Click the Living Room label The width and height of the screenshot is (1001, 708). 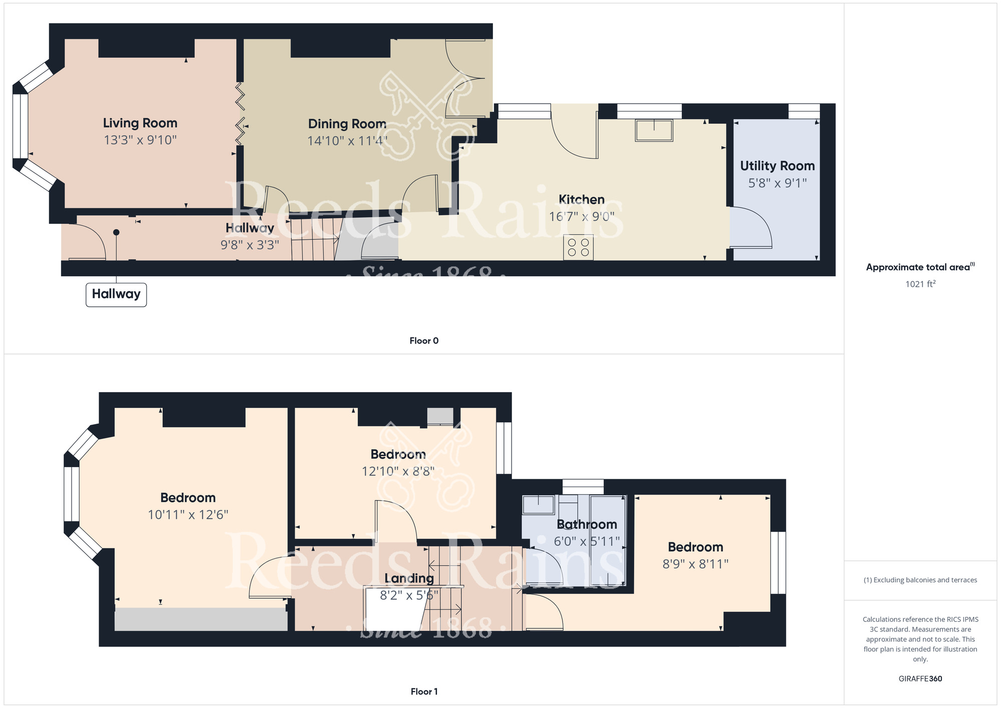140,123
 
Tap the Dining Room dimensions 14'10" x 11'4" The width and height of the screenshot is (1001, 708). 347,141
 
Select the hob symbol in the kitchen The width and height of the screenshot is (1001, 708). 578,247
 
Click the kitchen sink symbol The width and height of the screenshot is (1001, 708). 654,130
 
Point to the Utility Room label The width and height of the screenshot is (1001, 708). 777,166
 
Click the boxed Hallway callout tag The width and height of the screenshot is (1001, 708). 116,294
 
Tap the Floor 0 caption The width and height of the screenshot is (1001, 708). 423,341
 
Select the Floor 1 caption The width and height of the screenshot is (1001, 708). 423,691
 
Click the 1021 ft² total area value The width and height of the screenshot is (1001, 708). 920,284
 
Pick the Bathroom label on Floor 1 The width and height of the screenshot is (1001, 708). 587,524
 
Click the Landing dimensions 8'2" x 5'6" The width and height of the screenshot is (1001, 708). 409,595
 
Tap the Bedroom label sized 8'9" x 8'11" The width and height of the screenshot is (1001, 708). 695,547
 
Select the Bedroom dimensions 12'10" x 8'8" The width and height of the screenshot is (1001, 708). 398,471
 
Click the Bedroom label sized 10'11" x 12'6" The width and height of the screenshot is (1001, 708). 188,498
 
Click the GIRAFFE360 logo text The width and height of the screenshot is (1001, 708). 920,679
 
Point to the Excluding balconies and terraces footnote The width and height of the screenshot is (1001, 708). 920,580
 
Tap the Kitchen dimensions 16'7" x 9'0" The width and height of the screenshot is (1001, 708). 581,217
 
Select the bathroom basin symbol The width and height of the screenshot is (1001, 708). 538,505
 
